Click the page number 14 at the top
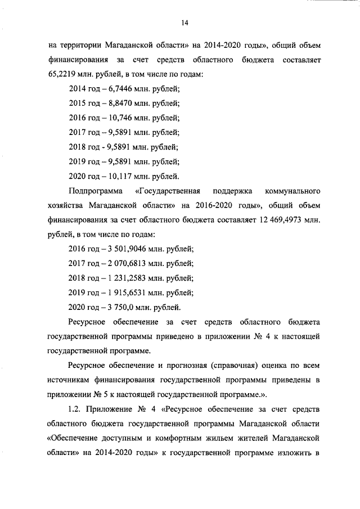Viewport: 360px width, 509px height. click(184, 22)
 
